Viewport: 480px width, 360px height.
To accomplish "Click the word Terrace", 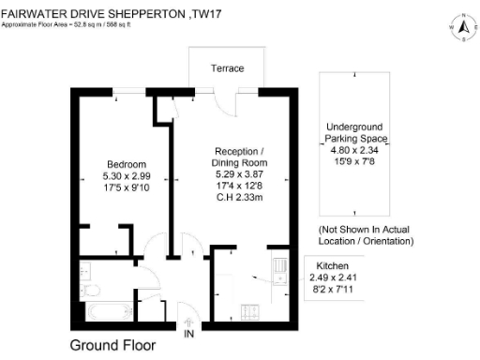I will [x=227, y=69].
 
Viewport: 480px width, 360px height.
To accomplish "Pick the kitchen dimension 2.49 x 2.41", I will [x=334, y=277].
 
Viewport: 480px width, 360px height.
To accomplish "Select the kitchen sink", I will [x=279, y=267].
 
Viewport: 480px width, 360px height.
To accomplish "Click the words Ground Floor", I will [x=112, y=345].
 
